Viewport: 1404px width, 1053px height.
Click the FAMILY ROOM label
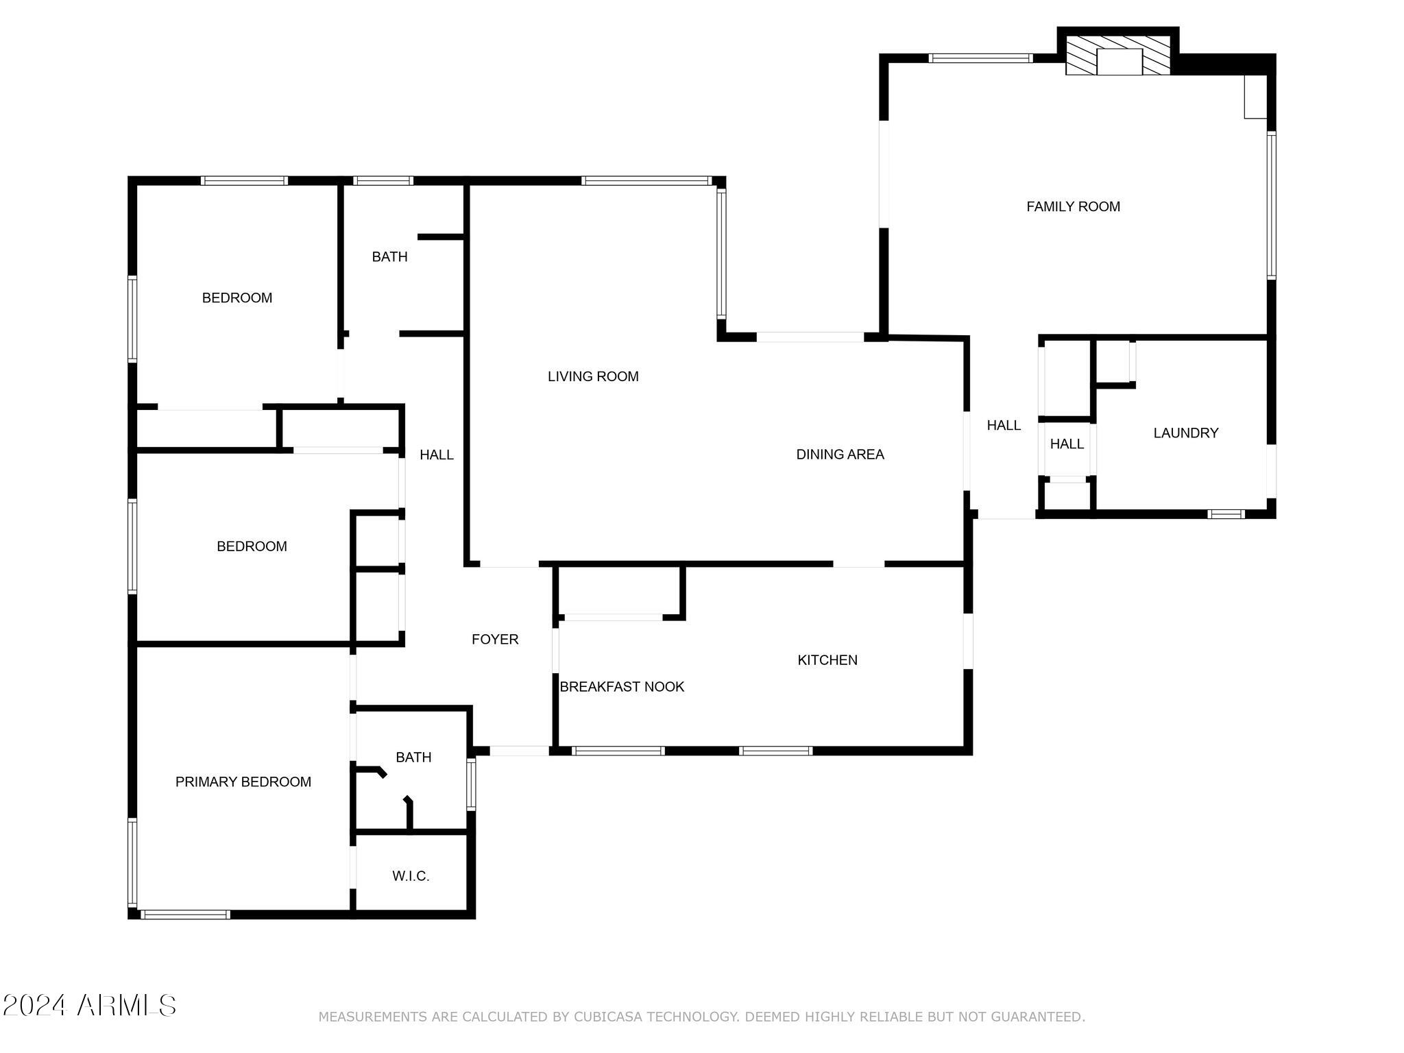click(1073, 206)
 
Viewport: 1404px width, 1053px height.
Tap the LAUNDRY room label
click(1186, 433)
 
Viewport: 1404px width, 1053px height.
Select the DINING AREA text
click(840, 455)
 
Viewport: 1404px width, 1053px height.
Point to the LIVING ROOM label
click(593, 376)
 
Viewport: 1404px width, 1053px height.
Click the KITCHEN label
click(827, 660)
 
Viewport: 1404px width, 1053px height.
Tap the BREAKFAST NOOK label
click(622, 687)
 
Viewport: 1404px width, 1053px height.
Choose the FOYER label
click(495, 640)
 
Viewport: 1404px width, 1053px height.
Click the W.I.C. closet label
click(411, 876)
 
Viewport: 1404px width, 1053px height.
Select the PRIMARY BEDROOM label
click(243, 782)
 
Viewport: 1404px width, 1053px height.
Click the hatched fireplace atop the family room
click(1118, 56)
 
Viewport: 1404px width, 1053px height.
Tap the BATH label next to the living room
click(389, 257)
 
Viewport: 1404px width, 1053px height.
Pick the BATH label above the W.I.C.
click(413, 758)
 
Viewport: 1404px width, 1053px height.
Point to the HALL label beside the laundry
click(1067, 444)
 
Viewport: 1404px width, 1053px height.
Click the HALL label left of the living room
click(437, 455)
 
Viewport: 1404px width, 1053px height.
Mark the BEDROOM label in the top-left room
click(237, 298)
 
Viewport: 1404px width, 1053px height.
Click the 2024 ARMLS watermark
click(89, 1006)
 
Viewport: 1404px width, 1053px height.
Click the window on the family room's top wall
click(981, 58)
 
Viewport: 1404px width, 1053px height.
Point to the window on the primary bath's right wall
click(471, 784)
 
